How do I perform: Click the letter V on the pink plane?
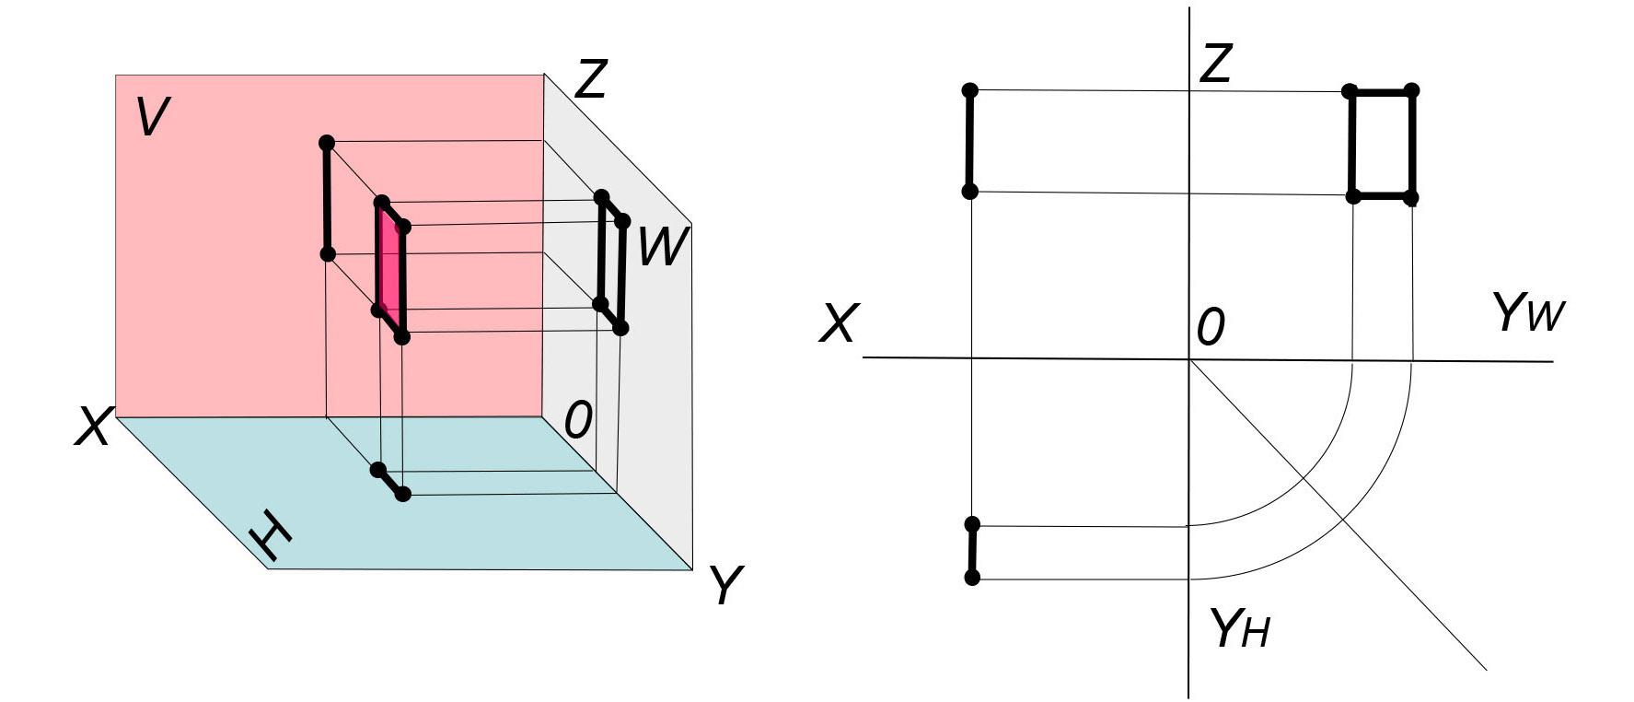pyautogui.click(x=152, y=117)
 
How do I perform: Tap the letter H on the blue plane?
pyautogui.click(x=270, y=536)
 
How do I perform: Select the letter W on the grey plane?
pyautogui.click(x=661, y=247)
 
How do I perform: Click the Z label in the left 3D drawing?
pyautogui.click(x=590, y=78)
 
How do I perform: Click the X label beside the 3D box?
pyautogui.click(x=93, y=427)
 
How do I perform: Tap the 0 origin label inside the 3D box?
pyautogui.click(x=577, y=421)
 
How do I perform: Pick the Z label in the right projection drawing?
pyautogui.click(x=1216, y=64)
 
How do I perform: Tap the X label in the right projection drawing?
pyautogui.click(x=838, y=324)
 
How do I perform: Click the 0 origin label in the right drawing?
pyautogui.click(x=1211, y=327)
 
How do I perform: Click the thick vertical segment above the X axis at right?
pyautogui.click(x=969, y=141)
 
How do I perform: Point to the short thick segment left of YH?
pyautogui.click(x=972, y=551)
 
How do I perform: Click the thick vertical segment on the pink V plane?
pyautogui.click(x=326, y=198)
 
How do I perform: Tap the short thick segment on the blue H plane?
pyautogui.click(x=389, y=482)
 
